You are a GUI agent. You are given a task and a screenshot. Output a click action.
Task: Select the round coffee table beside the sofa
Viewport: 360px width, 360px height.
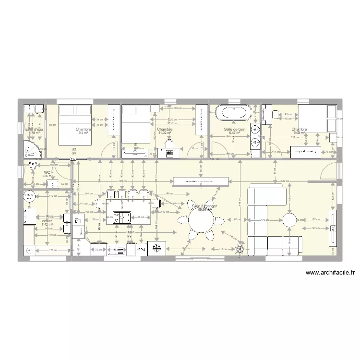(290, 220)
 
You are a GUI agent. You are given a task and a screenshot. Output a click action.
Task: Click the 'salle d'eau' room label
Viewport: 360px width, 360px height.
(35, 129)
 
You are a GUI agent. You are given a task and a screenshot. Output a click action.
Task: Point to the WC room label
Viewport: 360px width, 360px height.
(47, 172)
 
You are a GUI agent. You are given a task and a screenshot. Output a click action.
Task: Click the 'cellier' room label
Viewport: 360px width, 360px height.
(47, 221)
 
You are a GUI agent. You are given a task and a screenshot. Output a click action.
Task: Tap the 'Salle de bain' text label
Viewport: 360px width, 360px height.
(235, 129)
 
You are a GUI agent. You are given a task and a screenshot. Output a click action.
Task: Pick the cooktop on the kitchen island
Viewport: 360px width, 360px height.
(121, 217)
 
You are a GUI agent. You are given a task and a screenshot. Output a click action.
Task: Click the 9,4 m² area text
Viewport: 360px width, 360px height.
(83, 133)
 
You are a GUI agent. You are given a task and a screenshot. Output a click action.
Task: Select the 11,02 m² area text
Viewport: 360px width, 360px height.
(165, 133)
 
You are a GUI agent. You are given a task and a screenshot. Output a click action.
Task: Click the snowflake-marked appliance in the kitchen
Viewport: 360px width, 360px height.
(156, 248)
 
